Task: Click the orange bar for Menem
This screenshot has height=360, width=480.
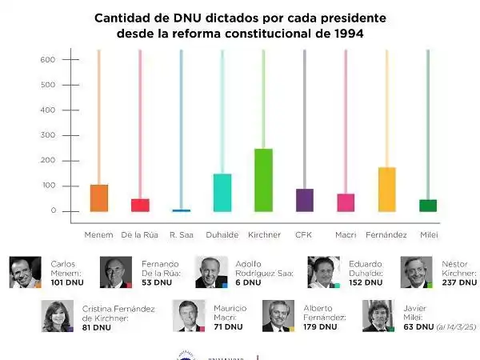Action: point(99,198)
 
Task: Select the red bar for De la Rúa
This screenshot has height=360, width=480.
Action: point(140,205)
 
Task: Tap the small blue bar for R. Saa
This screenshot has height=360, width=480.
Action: point(181,210)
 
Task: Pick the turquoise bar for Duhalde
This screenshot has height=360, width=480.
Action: point(222,192)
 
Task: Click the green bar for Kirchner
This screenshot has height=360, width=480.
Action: point(262,180)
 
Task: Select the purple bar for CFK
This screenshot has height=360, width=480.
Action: point(304,200)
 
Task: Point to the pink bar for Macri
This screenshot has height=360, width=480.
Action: point(346,202)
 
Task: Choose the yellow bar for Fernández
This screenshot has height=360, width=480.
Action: point(386,189)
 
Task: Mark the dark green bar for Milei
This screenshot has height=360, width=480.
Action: point(428,206)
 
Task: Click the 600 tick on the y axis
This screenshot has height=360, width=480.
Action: point(47,60)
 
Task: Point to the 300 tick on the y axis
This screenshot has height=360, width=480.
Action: point(47,135)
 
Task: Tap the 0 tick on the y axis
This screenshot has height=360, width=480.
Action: point(51,211)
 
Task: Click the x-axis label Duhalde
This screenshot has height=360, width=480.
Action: point(222,234)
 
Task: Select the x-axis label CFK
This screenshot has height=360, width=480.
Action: point(304,234)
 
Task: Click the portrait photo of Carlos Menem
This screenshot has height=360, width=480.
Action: point(25,272)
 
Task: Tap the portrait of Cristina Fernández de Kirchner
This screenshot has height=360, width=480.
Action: point(58,316)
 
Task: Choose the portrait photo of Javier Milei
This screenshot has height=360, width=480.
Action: point(378,316)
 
